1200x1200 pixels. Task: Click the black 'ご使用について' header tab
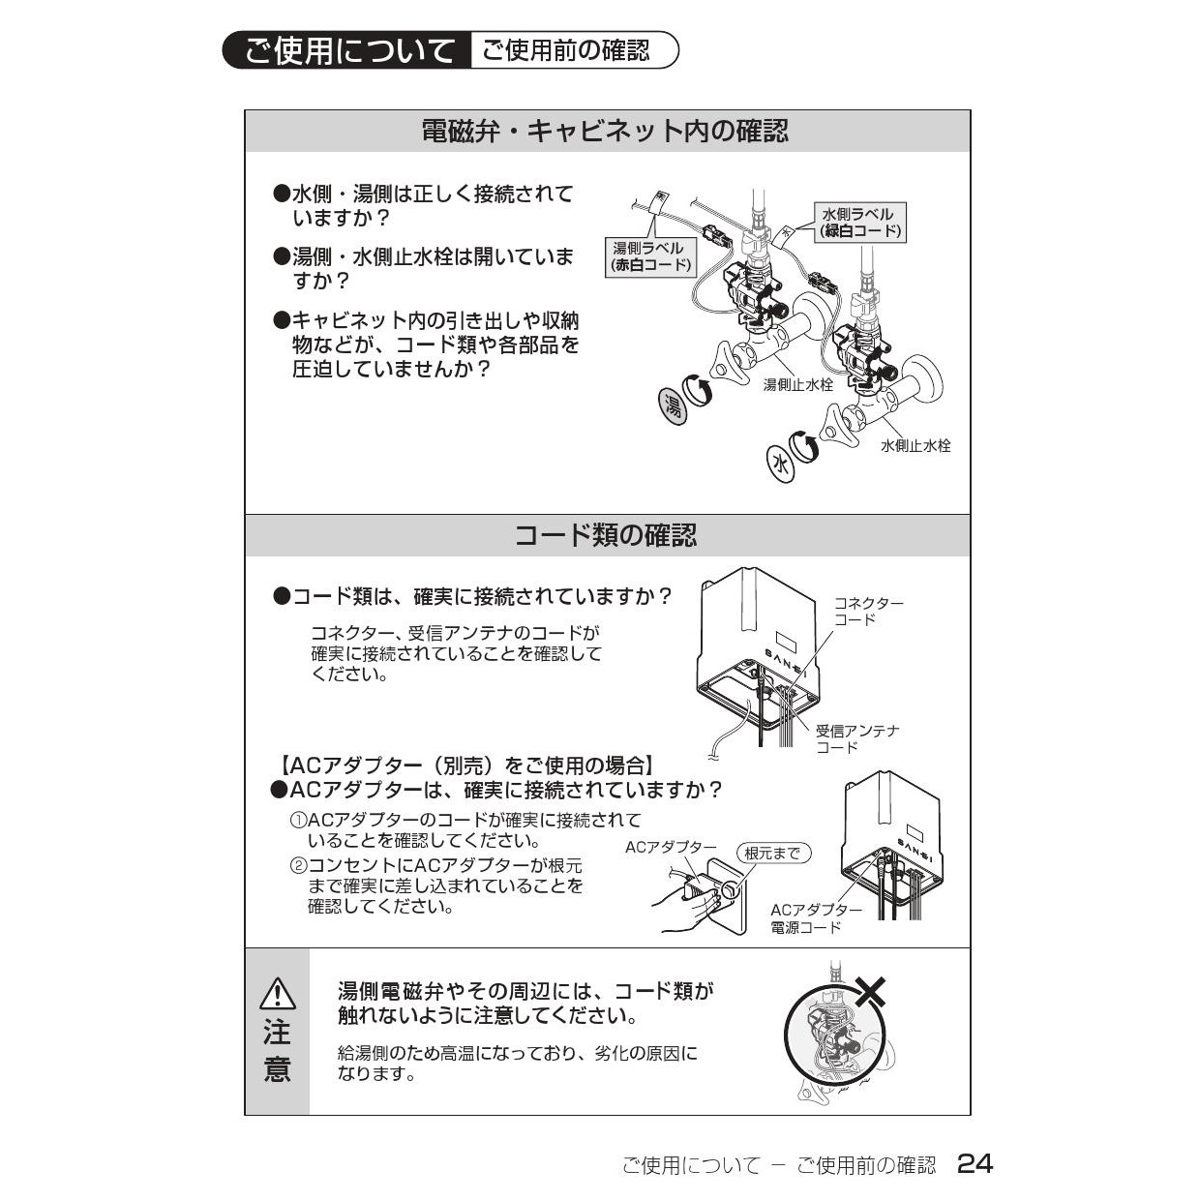[346, 50]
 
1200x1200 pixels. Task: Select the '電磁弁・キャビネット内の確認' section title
[606, 132]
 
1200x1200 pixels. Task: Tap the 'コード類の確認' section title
[606, 535]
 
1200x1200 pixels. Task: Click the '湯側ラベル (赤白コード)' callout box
[651, 256]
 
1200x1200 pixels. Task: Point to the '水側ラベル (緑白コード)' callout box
[860, 223]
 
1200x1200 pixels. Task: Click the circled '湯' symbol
[674, 406]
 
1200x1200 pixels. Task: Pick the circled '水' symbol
[781, 465]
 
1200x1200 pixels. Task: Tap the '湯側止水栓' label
[797, 385]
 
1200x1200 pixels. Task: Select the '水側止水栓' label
[915, 445]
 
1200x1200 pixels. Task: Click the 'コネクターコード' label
[869, 612]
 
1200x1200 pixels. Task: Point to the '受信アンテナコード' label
[858, 738]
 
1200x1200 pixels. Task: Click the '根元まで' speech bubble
[774, 854]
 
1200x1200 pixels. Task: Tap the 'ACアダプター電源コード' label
[817, 919]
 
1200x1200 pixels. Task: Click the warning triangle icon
[278, 993]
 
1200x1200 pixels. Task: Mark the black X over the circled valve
[871, 991]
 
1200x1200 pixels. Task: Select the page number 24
[975, 1163]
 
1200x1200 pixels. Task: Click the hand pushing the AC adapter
[685, 909]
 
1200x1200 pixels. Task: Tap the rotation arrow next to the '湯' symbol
[699, 391]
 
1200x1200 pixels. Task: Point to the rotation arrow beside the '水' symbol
[804, 445]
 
